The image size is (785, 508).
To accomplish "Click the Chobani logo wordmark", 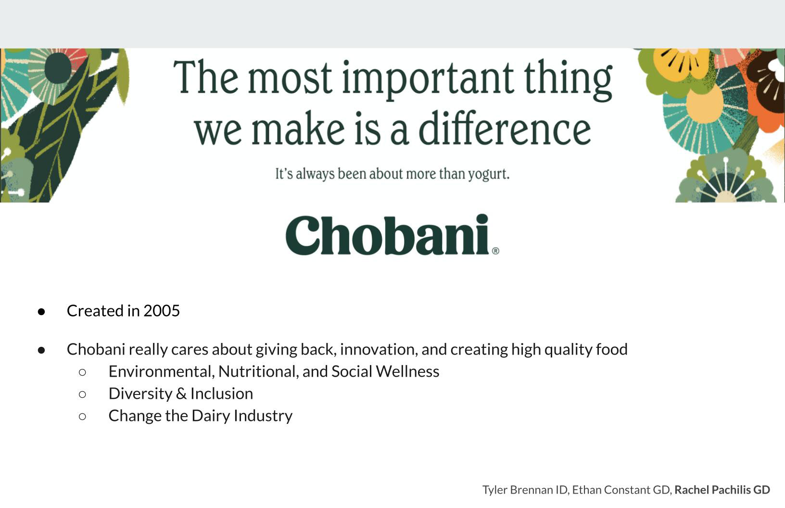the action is pos(387,235).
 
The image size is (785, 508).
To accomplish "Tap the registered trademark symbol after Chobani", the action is pos(495,251).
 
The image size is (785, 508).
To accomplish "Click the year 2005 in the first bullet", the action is pos(162,311).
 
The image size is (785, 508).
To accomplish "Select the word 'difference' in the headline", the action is pos(505,127).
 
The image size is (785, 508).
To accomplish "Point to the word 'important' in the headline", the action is pos(428,79).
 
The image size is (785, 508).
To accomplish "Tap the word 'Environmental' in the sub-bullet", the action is pos(162,372).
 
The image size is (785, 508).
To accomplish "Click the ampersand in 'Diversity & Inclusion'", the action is pos(181,394).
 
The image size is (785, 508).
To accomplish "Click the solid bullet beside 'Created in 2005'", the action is pos(41,312).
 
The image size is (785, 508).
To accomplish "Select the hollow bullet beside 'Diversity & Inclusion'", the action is pos(82,394).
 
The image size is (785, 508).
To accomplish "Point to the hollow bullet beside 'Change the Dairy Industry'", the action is pos(82,417).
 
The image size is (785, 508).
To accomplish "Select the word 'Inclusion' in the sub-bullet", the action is pos(221,394).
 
